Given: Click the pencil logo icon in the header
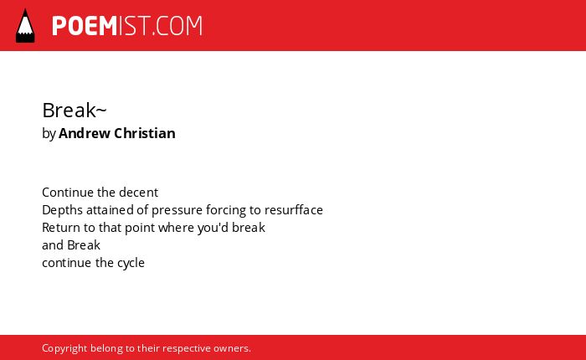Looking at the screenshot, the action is point(25,26).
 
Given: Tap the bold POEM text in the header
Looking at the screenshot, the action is point(85,26).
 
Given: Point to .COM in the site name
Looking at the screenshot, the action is point(177,26).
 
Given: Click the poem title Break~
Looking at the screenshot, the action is point(75,110).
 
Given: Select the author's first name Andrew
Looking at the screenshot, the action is point(85,133).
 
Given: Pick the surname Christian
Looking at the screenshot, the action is point(145,133).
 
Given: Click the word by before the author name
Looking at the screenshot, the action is point(49,134).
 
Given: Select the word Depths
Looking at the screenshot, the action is point(63,210).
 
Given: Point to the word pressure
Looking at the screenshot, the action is point(177,210).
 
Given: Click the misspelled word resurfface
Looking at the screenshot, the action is point(294,209).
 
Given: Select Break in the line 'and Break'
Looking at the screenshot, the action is point(84,244).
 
